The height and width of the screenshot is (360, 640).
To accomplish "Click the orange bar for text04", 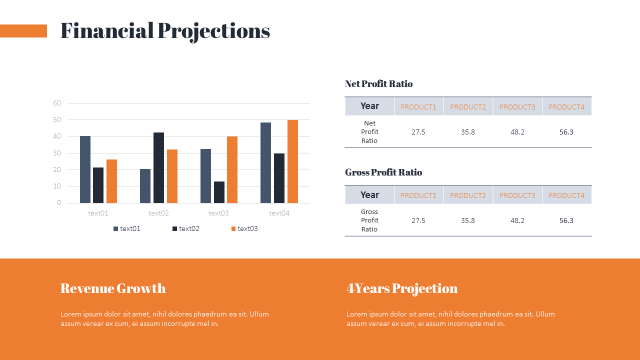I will [292, 161].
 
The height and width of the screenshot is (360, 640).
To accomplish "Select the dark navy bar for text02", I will [158, 167].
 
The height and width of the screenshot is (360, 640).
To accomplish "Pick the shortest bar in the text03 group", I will [219, 192].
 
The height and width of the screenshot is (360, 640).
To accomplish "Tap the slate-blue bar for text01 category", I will [85, 169].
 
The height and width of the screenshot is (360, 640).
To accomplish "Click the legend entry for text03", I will [244, 229].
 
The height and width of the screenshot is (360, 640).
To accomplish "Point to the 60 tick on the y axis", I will [57, 103].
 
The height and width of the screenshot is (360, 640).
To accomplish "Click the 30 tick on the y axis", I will [57, 153].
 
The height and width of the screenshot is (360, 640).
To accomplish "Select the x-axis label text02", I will [158, 213].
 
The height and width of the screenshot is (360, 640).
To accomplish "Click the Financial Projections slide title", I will [165, 31].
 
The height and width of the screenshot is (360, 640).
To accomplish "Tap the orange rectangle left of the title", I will [23, 31].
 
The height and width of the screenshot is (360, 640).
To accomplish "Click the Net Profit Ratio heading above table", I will [378, 84].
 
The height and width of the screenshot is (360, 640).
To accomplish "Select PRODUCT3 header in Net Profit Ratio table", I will [517, 107].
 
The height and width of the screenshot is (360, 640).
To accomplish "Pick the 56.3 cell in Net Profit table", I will [566, 132].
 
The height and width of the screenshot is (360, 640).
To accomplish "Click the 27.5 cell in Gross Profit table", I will [418, 220].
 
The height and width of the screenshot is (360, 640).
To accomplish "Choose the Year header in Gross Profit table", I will [369, 195].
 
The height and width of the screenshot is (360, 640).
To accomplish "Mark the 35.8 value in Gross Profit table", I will [468, 220].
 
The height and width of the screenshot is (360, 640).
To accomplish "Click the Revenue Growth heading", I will [113, 288].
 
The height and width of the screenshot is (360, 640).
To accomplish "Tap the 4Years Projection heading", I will [402, 288].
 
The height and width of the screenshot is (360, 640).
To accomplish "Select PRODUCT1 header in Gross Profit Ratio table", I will [418, 195].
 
